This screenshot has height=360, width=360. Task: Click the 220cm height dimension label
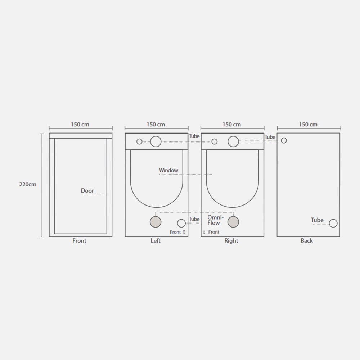click(x=28, y=184)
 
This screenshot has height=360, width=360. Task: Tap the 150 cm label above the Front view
click(x=80, y=125)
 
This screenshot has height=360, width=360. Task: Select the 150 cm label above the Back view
click(x=308, y=125)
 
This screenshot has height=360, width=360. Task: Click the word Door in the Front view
click(x=87, y=190)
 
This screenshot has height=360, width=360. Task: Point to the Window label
click(x=168, y=170)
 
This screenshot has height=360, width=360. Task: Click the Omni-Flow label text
click(x=215, y=220)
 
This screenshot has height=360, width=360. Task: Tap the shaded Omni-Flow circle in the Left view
click(x=156, y=222)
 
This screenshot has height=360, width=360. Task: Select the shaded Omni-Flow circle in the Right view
click(x=233, y=222)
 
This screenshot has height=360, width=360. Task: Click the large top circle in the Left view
click(x=156, y=141)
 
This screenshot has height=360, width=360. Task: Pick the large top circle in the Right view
click(x=233, y=141)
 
